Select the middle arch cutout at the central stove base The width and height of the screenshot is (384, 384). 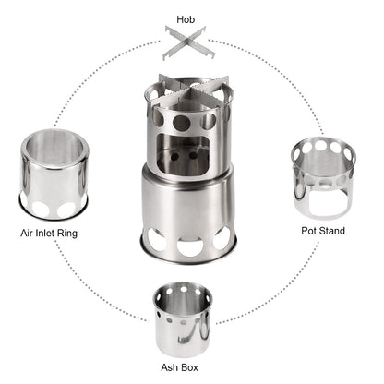tap(191, 247)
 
